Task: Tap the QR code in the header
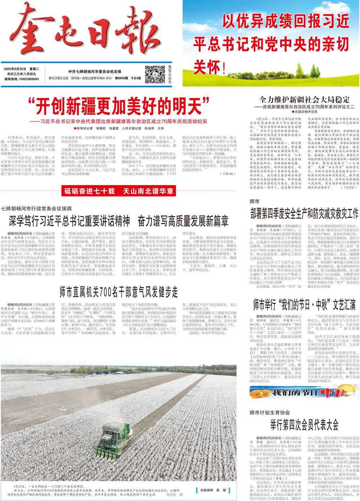[x=155, y=75]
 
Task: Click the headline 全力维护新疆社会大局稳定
[x=304, y=100]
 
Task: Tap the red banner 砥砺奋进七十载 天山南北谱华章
[x=119, y=191]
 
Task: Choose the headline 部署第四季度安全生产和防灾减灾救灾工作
[x=304, y=213]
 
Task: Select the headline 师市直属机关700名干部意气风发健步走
[x=119, y=292]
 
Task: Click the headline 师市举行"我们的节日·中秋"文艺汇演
[x=304, y=304]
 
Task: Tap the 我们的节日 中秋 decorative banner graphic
[x=304, y=393]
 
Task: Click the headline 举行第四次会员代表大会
[x=304, y=425]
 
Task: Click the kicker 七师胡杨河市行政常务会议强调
[x=36, y=208]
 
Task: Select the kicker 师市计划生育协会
[x=270, y=412]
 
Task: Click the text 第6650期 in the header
[x=121, y=78]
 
